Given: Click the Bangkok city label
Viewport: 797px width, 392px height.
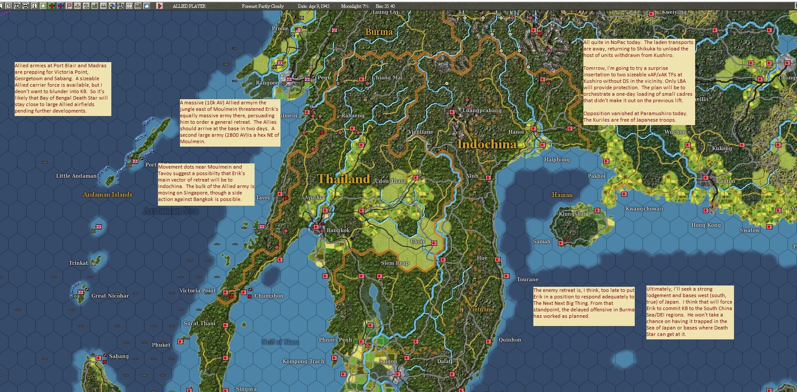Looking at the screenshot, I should point(338,230).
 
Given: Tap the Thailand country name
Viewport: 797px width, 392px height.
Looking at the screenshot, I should point(343,179).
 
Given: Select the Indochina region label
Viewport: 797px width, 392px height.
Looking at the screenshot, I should point(487,144).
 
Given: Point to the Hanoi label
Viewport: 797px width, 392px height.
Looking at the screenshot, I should point(516,132).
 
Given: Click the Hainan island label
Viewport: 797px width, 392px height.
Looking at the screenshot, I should point(562,195).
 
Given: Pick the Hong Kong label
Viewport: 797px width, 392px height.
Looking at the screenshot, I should point(706,225).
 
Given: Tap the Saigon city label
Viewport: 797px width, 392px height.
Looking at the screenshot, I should point(388,361).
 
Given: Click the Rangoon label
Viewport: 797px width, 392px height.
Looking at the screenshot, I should point(267,83).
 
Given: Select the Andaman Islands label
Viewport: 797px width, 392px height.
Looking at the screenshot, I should point(107,194).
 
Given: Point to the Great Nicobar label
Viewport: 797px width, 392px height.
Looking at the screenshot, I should point(110,296).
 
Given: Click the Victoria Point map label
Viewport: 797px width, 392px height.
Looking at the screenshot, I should point(197,291).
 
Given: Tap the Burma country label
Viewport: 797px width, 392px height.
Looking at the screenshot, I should point(379,32).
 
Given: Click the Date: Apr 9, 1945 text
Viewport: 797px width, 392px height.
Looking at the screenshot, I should point(313,6).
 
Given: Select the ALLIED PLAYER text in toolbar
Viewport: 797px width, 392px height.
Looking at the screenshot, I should point(189,6).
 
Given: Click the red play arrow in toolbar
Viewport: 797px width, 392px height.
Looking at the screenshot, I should point(160,6).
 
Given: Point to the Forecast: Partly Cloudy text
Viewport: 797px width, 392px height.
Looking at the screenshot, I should point(262,6).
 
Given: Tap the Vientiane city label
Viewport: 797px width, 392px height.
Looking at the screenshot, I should point(420,132).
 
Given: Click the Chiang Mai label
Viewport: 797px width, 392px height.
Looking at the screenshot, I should point(387,78).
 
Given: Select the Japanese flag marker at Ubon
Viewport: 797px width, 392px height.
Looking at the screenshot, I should point(434,243).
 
